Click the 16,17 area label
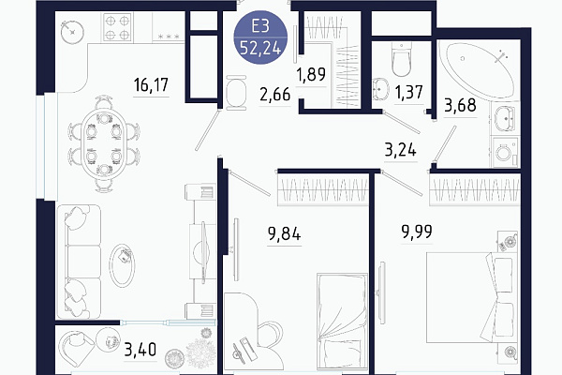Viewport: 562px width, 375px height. (151, 85)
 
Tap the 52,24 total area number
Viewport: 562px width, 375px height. (260, 48)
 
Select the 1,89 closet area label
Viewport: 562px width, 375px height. (311, 74)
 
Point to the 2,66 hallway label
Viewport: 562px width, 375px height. (274, 95)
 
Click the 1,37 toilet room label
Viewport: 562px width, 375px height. (409, 92)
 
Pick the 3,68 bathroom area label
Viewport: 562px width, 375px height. (460, 106)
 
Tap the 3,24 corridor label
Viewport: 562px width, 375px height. (401, 150)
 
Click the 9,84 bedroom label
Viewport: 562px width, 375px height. (284, 234)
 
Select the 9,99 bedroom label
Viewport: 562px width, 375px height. (417, 232)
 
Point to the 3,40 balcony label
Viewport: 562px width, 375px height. (140, 349)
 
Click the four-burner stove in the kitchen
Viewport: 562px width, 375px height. (117, 27)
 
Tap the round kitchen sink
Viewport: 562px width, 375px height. (72, 33)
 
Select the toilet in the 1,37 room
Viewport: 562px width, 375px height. (401, 60)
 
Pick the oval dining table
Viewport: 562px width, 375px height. (104, 143)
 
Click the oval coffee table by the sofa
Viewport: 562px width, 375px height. (122, 264)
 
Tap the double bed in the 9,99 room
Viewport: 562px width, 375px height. (471, 297)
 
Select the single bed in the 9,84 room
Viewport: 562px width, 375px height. (342, 321)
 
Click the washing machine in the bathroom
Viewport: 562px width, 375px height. (506, 152)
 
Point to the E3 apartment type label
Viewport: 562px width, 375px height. (260, 26)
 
